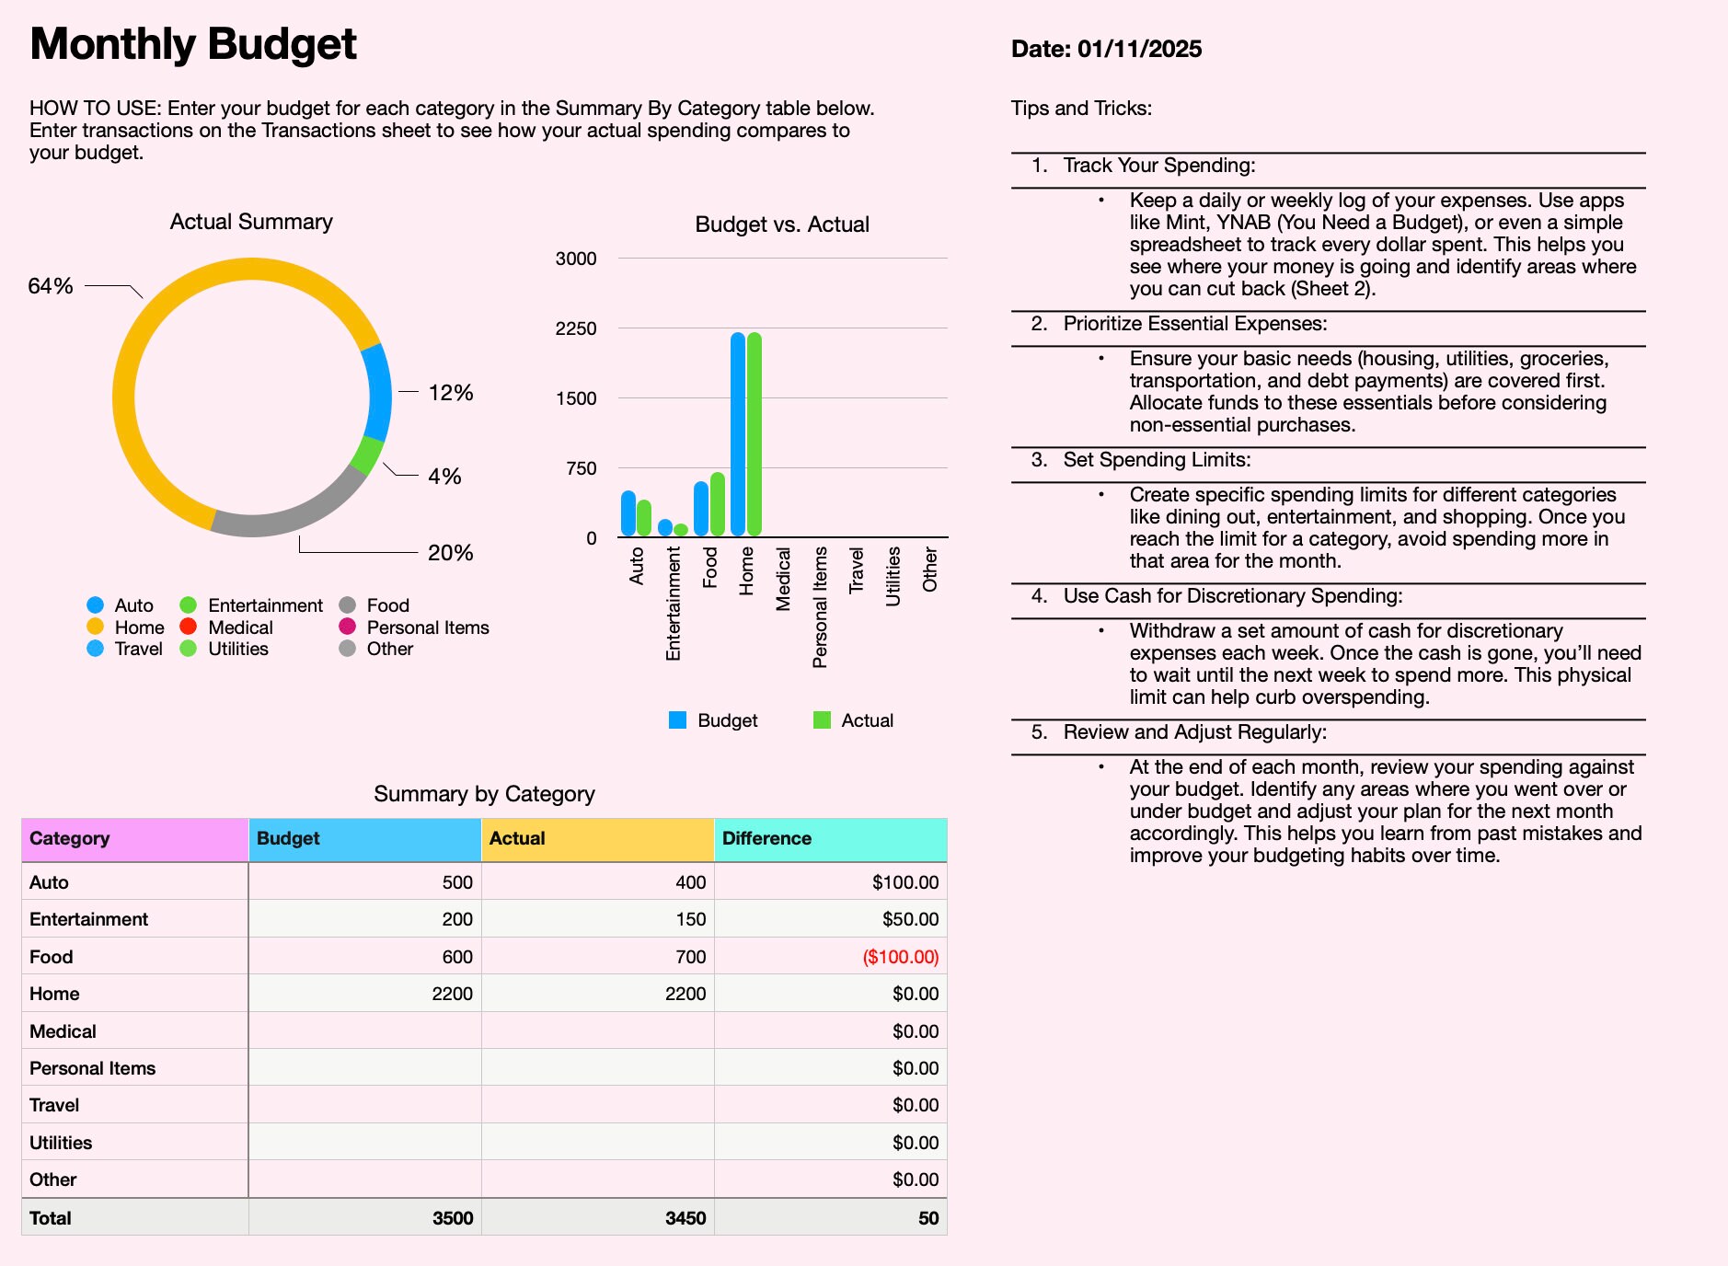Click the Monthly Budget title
(x=193, y=44)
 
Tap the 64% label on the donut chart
(x=51, y=286)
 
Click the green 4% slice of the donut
(x=368, y=455)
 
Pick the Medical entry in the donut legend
(x=240, y=627)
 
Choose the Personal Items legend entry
(x=427, y=627)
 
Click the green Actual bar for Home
(x=755, y=433)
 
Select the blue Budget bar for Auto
(x=628, y=513)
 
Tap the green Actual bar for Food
(x=718, y=504)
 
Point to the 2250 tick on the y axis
(x=576, y=328)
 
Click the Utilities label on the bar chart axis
(x=893, y=576)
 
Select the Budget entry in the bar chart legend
(x=727, y=720)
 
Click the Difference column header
(x=766, y=838)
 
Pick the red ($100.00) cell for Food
(x=900, y=957)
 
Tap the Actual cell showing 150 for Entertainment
(x=690, y=919)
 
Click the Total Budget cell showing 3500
(x=453, y=1218)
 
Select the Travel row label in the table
(x=54, y=1105)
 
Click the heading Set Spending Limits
(x=1157, y=460)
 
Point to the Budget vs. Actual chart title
(x=782, y=224)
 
